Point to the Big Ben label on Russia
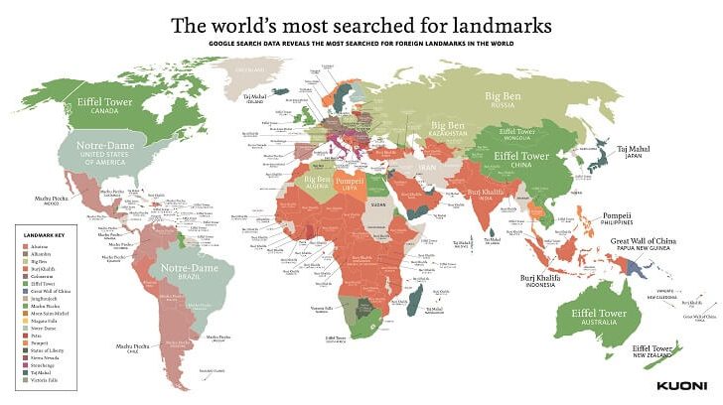point(503,96)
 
